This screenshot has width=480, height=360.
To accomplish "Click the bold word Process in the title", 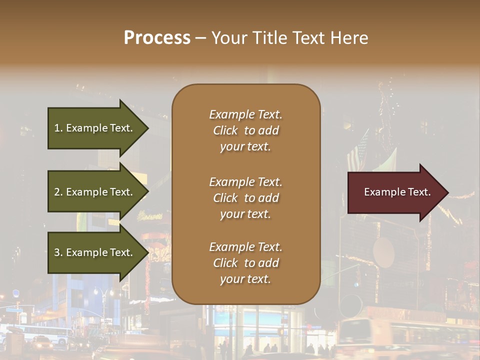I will (157, 38).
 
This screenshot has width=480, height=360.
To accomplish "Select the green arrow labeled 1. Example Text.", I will (95, 128).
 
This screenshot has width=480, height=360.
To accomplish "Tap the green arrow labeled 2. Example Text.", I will (95, 192).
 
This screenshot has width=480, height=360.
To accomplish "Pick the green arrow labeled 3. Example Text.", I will (95, 252).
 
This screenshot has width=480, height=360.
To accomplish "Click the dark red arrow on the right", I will (395, 192).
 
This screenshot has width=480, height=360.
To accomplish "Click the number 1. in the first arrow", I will (58, 128).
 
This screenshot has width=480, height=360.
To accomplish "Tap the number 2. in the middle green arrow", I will (58, 192).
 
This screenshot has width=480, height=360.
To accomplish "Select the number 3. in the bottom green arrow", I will (58, 252).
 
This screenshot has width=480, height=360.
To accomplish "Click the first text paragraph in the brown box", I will (245, 130).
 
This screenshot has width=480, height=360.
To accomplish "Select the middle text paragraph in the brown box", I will (245, 198).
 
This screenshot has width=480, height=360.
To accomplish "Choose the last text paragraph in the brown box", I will (245, 263).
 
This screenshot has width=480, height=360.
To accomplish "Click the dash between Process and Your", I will (200, 38).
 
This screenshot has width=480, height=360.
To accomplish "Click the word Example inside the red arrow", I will (384, 192).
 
